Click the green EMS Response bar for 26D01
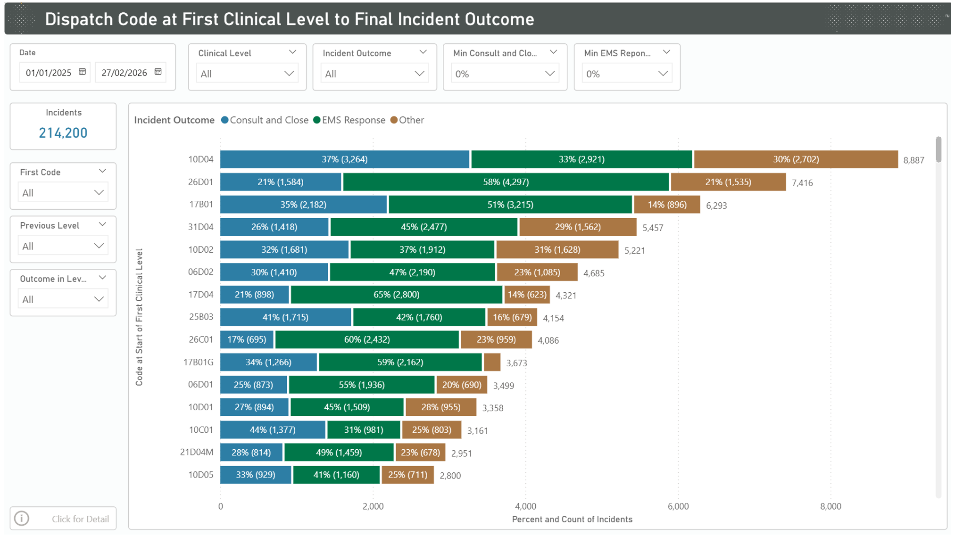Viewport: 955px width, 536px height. [506, 182]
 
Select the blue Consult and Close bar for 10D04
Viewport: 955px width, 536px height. [344, 159]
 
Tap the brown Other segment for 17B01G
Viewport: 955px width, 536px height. [492, 362]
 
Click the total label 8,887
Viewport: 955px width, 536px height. [913, 160]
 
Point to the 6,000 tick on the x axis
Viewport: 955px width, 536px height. [678, 506]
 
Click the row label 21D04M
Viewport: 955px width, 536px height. [197, 452]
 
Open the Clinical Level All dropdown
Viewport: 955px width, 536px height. [247, 74]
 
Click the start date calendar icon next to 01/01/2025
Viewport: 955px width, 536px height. [83, 72]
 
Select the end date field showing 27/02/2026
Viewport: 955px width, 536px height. [125, 73]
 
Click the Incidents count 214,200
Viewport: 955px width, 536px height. [63, 133]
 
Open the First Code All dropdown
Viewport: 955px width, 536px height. [63, 193]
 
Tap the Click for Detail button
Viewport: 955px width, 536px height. [63, 519]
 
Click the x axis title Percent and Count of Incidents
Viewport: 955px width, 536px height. [572, 519]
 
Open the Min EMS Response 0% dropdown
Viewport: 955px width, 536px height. [626, 74]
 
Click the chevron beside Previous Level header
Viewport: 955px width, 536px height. [102, 225]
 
